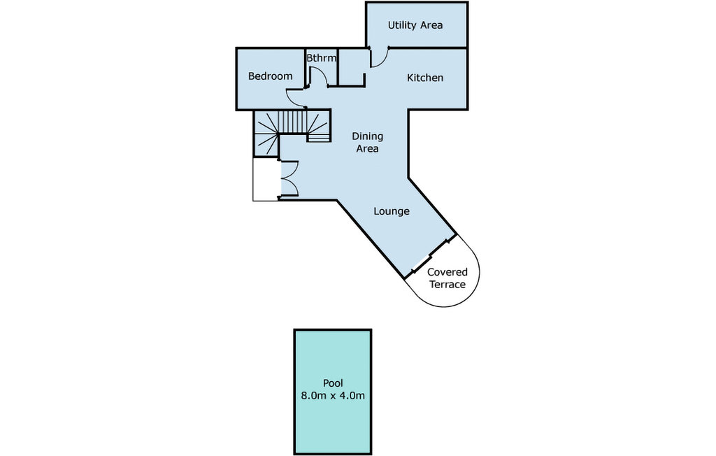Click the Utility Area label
click(415, 25)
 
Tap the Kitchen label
click(425, 78)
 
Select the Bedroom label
click(270, 76)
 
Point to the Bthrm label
click(322, 58)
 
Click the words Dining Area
click(367, 142)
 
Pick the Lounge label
click(392, 211)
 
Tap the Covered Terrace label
click(447, 278)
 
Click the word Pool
click(332, 383)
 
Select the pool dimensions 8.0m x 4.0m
click(332, 396)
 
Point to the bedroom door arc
click(295, 99)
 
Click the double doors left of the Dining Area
click(288, 180)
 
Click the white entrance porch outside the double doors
click(266, 180)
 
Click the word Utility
click(402, 25)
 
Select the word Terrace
click(447, 285)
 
